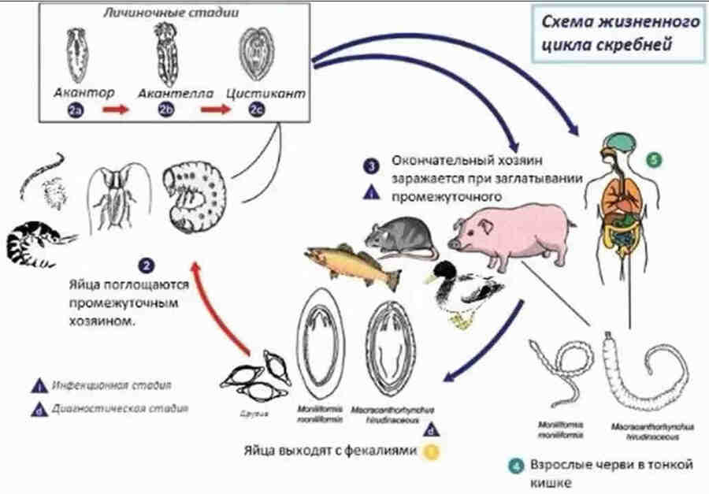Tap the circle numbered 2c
click(x=257, y=111)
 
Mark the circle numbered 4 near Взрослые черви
click(x=514, y=466)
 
